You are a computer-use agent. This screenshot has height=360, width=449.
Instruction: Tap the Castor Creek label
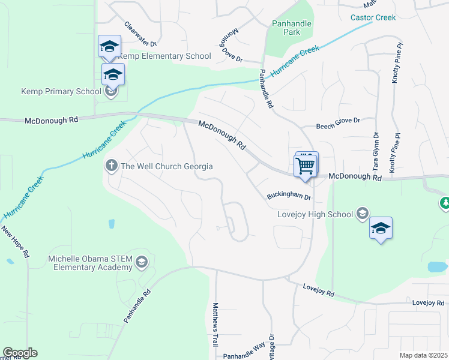click(x=373, y=17)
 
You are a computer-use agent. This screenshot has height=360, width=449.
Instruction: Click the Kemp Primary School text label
click(x=61, y=92)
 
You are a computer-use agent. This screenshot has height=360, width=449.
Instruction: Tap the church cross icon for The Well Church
click(x=111, y=166)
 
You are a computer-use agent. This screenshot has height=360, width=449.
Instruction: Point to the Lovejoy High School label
click(x=315, y=214)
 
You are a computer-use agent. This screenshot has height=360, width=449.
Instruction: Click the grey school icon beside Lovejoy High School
click(x=362, y=213)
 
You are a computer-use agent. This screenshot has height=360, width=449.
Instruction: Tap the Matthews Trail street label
click(x=215, y=324)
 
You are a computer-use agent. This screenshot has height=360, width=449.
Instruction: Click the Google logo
click(x=20, y=353)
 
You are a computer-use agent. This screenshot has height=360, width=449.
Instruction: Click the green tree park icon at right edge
click(x=445, y=203)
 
